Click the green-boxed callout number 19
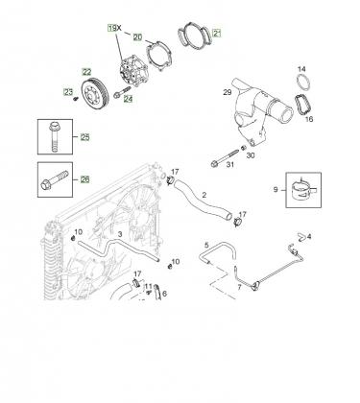click(111, 28)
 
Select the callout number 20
click(137, 37)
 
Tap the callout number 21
click(217, 33)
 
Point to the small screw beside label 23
click(76, 99)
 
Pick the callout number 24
click(128, 99)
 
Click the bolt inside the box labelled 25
click(55, 136)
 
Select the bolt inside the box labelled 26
click(55, 179)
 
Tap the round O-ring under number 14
click(303, 83)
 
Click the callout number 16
click(309, 119)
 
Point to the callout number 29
click(228, 92)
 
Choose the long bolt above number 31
click(226, 157)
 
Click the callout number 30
click(251, 155)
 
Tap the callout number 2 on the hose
click(204, 195)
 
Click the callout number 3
click(120, 234)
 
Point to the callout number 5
click(206, 245)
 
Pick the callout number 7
click(239, 287)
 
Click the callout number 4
click(309, 237)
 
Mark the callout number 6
click(164, 294)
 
